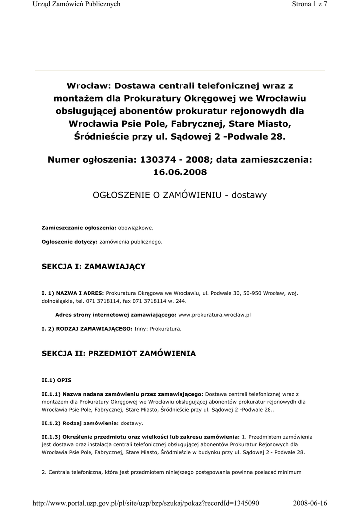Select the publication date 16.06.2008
[180, 172]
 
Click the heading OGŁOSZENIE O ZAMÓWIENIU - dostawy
[180, 195]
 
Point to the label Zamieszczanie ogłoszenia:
[79, 228]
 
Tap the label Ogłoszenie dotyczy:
[70, 242]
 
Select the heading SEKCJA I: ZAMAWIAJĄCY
[93, 267]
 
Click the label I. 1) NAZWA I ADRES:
[73, 293]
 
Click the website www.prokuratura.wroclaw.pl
[214, 315]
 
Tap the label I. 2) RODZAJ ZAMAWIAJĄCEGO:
[87, 329]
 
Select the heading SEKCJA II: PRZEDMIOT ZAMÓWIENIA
[119, 353]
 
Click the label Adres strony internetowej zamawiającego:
[115, 315]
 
